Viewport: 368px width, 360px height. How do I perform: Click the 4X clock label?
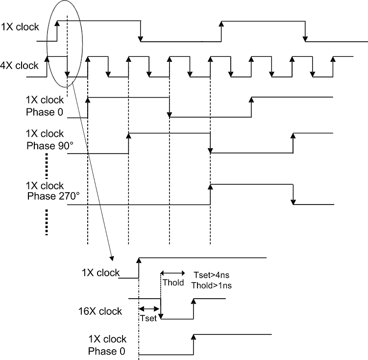click(20, 66)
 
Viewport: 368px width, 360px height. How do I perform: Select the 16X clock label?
click(100, 311)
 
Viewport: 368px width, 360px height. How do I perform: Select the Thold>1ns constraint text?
click(212, 285)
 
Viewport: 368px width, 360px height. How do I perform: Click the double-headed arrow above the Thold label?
click(172, 273)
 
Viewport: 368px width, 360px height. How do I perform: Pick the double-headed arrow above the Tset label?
click(150, 309)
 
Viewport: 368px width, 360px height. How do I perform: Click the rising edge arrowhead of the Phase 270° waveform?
click(210, 185)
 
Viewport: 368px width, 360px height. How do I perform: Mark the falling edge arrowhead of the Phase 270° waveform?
click(293, 202)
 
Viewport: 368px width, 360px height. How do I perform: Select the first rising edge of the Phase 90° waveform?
click(128, 135)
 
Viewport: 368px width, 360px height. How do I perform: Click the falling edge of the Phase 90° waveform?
click(210, 150)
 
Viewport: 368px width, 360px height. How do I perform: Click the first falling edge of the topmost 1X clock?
click(141, 38)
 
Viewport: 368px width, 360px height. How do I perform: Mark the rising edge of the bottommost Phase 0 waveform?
click(194, 337)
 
